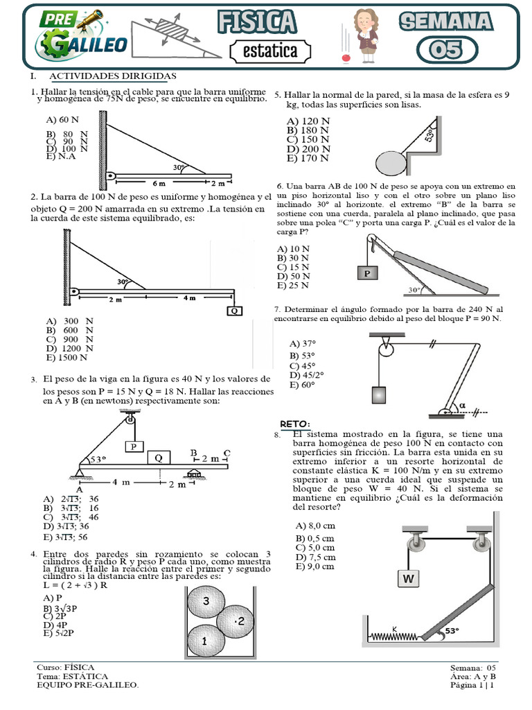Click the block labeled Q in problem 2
[235, 311]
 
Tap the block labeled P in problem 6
[368, 273]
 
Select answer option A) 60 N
[60, 119]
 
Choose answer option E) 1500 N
[66, 358]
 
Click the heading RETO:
[295, 424]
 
